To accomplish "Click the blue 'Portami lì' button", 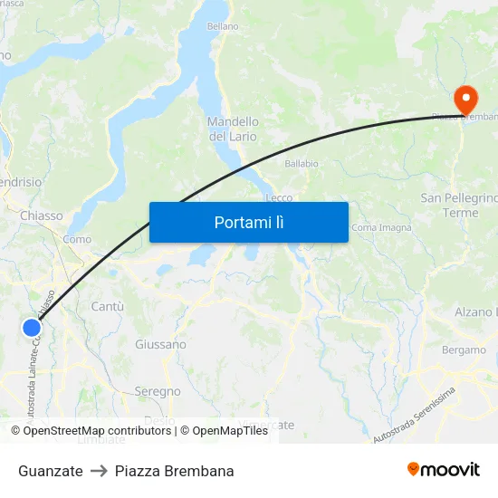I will tap(248, 222).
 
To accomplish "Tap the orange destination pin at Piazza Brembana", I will tap(467, 100).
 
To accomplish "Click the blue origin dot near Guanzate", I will tap(32, 329).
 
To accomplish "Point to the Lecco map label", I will tap(279, 197).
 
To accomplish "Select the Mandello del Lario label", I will tap(233, 129).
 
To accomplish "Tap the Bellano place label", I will tap(223, 27).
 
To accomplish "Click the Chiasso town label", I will tap(42, 215).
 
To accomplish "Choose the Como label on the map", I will tap(77, 239).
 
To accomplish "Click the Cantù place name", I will tap(107, 307).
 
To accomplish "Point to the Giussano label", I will tap(160, 344).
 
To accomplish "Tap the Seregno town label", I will tap(158, 391).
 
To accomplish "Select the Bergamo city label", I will tap(464, 350).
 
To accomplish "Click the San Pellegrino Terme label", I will tap(459, 205).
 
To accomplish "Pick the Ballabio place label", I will tap(302, 164).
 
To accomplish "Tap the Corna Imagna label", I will tap(375, 227).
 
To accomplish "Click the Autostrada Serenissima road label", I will tap(414, 413).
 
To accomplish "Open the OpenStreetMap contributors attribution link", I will tap(97, 431).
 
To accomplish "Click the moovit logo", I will tap(443, 469).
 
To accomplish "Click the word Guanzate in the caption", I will tap(51, 471).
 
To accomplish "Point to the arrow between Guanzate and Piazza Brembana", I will tap(99, 471).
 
